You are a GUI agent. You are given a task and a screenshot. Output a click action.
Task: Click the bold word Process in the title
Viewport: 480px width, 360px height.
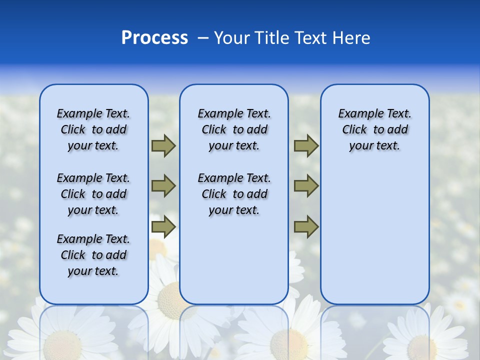[154, 38]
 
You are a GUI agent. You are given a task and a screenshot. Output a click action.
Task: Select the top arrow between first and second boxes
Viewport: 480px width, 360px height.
[163, 146]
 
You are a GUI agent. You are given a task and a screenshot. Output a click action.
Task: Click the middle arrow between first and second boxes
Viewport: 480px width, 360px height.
[163, 186]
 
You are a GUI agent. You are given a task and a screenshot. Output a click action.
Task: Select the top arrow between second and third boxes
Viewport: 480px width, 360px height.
[306, 146]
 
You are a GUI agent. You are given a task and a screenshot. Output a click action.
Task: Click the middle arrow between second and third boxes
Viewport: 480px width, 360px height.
[306, 186]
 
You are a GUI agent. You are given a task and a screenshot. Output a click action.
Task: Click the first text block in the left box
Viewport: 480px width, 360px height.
[93, 129]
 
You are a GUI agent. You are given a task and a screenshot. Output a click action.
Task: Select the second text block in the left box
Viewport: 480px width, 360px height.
[93, 194]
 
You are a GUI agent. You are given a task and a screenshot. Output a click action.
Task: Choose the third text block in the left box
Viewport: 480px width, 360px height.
[93, 255]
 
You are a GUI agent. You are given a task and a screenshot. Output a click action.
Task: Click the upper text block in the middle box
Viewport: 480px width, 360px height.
[234, 129]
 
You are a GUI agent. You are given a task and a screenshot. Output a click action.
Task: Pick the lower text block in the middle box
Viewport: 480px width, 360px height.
[234, 194]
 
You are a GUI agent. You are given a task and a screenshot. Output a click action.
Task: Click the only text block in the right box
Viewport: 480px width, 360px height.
[374, 129]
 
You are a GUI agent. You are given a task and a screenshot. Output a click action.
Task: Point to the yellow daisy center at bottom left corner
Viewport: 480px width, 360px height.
[62, 345]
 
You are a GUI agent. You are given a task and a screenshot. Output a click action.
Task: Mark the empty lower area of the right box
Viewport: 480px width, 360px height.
[374, 240]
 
